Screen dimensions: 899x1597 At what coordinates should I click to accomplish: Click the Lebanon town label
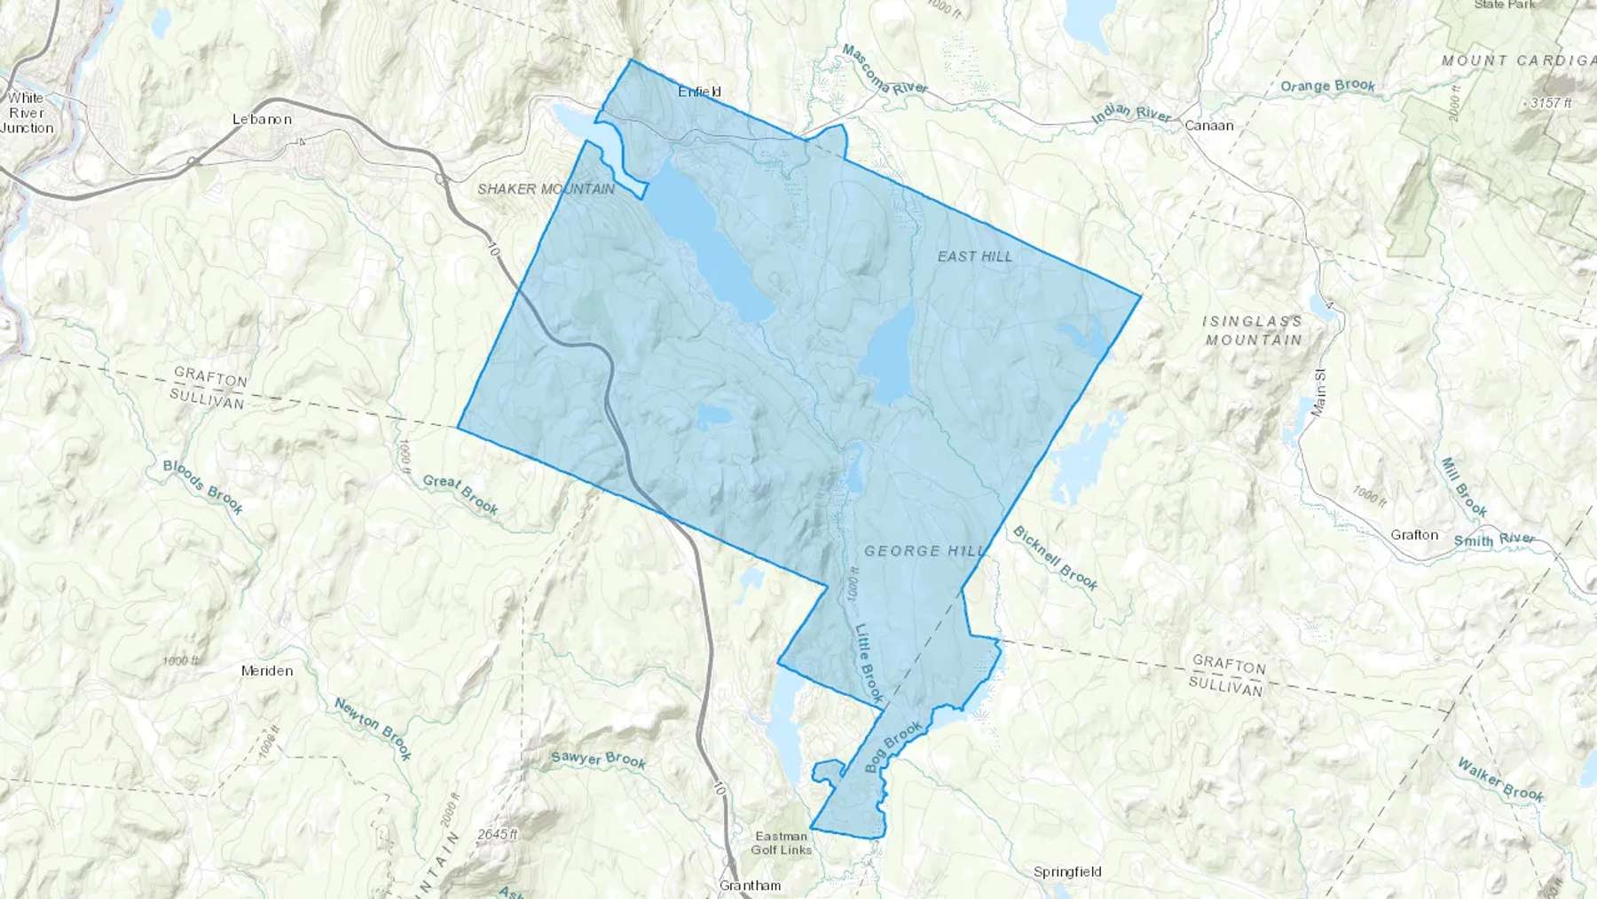[262, 119]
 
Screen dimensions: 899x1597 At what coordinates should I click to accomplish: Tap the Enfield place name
[699, 91]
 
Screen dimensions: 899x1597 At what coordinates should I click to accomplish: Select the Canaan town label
[1209, 126]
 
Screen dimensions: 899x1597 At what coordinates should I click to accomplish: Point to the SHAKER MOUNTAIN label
[546, 189]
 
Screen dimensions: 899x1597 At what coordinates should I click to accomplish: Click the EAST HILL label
[974, 256]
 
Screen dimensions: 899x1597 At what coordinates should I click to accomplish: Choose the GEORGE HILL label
[924, 551]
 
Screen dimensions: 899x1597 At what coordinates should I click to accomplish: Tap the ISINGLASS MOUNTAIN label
[1253, 330]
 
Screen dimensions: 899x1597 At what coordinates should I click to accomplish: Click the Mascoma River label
[884, 70]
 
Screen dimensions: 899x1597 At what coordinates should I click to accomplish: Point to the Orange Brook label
[1327, 86]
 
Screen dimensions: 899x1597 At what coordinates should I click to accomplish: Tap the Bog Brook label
[893, 747]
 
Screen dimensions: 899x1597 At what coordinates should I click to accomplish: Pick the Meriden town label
[267, 671]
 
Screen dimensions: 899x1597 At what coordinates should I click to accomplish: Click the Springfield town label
[1067, 872]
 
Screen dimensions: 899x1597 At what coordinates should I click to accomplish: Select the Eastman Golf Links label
[782, 842]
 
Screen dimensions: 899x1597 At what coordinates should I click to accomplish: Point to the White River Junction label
[27, 113]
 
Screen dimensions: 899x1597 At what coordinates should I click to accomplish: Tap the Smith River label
[1494, 539]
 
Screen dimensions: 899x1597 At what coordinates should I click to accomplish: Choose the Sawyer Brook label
[598, 759]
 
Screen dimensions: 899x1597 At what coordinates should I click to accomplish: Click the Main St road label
[1319, 394]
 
